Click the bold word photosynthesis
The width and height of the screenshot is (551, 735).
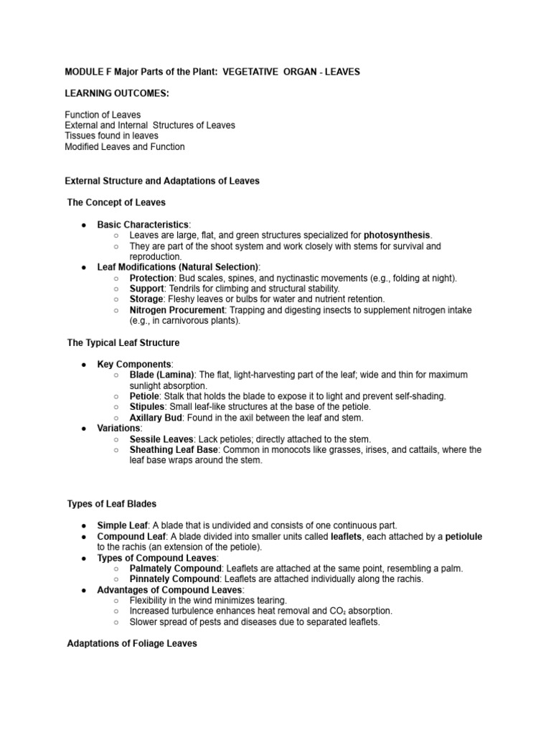click(x=397, y=235)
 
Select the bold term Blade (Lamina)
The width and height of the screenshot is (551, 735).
click(x=161, y=375)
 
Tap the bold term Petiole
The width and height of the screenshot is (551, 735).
click(x=145, y=396)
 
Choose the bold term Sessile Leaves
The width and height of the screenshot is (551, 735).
click(x=161, y=439)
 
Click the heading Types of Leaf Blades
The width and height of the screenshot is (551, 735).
click(x=111, y=504)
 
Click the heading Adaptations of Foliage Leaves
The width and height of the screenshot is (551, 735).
click(x=131, y=644)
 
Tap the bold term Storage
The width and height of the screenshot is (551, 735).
click(x=147, y=299)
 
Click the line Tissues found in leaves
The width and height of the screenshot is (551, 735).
click(x=111, y=136)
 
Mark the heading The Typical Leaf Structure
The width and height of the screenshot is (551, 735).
click(x=123, y=343)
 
